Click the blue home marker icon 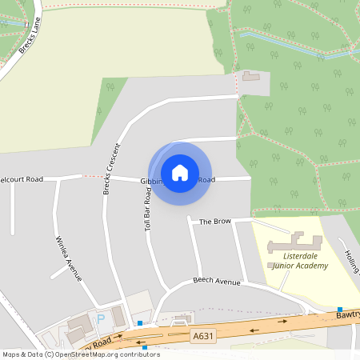tap(180, 172)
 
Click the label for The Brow tap(214, 221)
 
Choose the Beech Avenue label tap(217, 282)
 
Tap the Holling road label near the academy tap(352, 261)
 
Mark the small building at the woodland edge tap(252, 76)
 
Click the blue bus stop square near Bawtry tap(340, 310)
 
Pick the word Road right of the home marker tap(206, 180)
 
